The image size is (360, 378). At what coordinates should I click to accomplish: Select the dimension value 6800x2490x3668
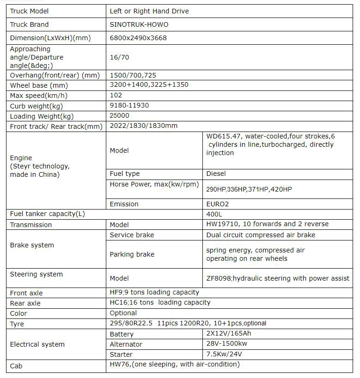click(x=138, y=38)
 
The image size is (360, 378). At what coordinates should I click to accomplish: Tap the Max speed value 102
click(x=116, y=95)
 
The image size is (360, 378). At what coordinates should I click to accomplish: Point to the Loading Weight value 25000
click(x=120, y=115)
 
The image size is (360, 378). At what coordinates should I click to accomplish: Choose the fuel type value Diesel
click(x=216, y=174)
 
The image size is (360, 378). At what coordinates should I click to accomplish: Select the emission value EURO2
click(x=218, y=204)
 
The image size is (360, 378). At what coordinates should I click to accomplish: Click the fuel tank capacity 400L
click(x=214, y=214)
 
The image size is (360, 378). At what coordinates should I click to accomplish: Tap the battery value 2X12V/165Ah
click(x=229, y=334)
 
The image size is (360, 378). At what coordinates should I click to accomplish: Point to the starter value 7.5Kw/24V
click(x=225, y=354)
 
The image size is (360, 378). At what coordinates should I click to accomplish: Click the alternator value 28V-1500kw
click(x=227, y=344)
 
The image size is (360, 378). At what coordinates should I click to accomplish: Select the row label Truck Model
click(x=29, y=11)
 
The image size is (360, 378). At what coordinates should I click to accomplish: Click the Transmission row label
click(x=31, y=225)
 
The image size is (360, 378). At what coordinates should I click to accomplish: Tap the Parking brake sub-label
click(x=132, y=254)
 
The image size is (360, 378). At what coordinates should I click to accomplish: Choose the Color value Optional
click(x=123, y=313)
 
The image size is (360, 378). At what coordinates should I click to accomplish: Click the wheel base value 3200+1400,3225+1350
click(x=149, y=84)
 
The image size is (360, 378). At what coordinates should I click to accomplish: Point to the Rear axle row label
click(x=25, y=303)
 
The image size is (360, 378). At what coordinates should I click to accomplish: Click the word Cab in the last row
click(x=16, y=366)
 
